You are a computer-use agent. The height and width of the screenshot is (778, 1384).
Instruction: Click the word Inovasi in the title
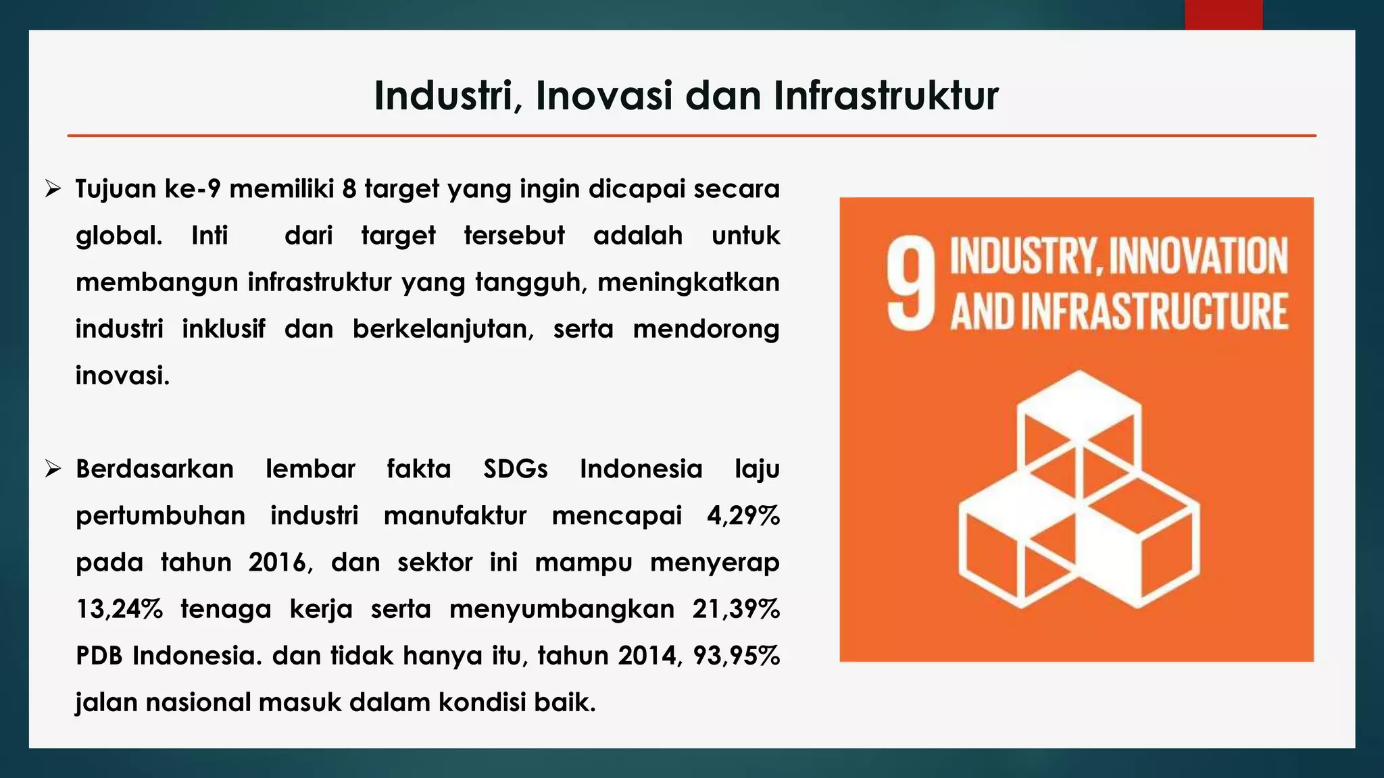604,96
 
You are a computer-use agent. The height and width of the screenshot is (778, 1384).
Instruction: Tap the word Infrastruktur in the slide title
886,96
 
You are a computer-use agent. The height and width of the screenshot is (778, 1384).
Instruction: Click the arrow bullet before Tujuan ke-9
53,189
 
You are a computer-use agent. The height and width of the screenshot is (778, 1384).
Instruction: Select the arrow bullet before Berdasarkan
53,469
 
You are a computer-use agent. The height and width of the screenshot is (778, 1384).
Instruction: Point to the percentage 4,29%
743,516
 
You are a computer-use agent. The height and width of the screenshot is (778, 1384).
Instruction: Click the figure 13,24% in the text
119,609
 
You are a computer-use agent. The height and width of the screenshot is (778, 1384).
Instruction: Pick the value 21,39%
736,609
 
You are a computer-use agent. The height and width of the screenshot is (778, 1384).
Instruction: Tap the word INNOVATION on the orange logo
1198,257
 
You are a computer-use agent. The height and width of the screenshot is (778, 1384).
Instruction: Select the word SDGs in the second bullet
516,469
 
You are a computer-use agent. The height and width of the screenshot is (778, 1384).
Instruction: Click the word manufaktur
455,516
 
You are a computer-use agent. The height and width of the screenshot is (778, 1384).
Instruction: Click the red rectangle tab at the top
1223,14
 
